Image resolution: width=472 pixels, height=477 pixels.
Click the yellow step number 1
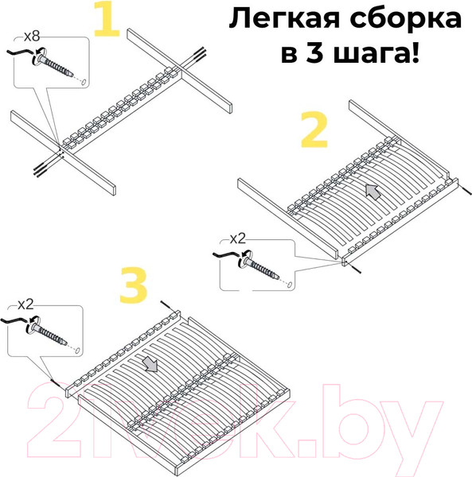pyautogui.click(x=107, y=21)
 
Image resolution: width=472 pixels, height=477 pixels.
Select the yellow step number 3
pyautogui.click(x=134, y=288)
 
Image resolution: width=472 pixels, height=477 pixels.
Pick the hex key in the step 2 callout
pyautogui.click(x=228, y=256)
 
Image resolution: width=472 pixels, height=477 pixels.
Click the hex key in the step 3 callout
pyautogui.click(x=16, y=323)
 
